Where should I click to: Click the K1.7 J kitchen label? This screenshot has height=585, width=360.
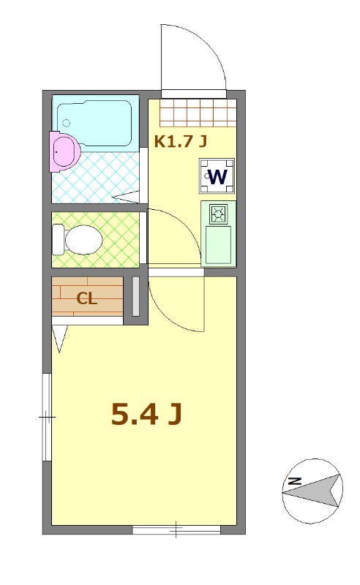pyautogui.click(x=181, y=141)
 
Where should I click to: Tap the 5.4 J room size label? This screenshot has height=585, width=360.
pyautogui.click(x=146, y=415)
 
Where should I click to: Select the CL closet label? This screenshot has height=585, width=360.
pyautogui.click(x=87, y=298)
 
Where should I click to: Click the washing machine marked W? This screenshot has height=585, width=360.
pyautogui.click(x=217, y=176)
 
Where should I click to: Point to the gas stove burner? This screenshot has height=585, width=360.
pyautogui.click(x=219, y=214)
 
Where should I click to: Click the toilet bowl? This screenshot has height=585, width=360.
pyautogui.click(x=83, y=240)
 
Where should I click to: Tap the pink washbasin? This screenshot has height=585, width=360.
pyautogui.click(x=64, y=151)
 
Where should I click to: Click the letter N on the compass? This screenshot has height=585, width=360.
pyautogui.click(x=295, y=481)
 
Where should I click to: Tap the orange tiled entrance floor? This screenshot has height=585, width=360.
pyautogui.click(x=198, y=113)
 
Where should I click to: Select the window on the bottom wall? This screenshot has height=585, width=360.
pyautogui.click(x=176, y=529)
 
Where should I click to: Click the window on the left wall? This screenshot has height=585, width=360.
pyautogui.click(x=47, y=417)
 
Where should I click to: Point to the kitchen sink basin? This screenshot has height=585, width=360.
pyautogui.click(x=219, y=244)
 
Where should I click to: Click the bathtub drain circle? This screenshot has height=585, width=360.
pyautogui.click(x=67, y=123)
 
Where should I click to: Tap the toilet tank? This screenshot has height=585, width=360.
pyautogui.click(x=58, y=240)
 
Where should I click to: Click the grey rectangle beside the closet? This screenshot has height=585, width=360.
pyautogui.click(x=135, y=297)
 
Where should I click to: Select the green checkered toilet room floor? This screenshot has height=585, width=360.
pyautogui.click(x=96, y=240)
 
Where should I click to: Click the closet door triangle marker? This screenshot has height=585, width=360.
pyautogui.click(x=59, y=338)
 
